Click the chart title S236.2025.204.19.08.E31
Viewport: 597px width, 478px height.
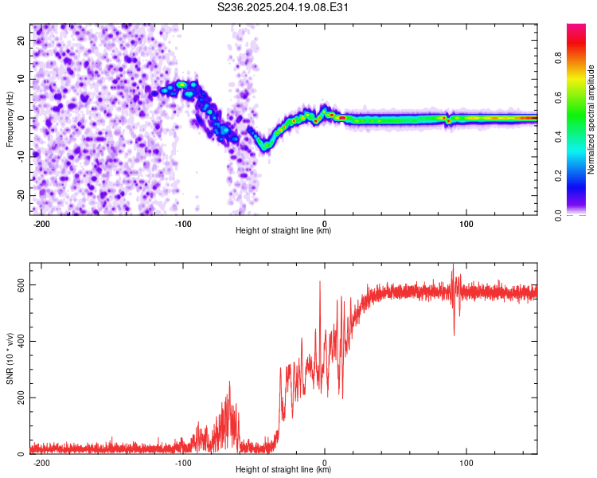pyautogui.click(x=283, y=7)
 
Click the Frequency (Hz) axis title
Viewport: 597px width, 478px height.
pyautogui.click(x=10, y=119)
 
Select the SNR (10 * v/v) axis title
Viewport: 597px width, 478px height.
pyautogui.click(x=10, y=358)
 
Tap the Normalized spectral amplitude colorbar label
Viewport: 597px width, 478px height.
pyautogui.click(x=591, y=119)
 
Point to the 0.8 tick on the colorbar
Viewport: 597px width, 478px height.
pyautogui.click(x=559, y=58)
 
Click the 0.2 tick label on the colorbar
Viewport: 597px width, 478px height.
pyautogui.click(x=559, y=176)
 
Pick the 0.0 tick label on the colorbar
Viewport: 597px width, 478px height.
pyautogui.click(x=559, y=215)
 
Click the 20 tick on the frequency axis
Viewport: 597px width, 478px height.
pyautogui.click(x=21, y=40)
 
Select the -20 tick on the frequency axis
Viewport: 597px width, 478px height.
pyautogui.click(x=21, y=195)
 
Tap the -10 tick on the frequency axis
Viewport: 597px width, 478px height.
pyautogui.click(x=21, y=157)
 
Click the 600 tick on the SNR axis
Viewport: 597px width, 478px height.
pyautogui.click(x=21, y=284)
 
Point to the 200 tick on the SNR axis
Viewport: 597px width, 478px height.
pyautogui.click(x=21, y=398)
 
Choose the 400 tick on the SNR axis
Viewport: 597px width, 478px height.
pyautogui.click(x=21, y=341)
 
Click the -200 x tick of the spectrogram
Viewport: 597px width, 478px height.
pyautogui.click(x=41, y=224)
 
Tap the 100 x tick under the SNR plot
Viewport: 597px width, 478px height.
pyautogui.click(x=466, y=463)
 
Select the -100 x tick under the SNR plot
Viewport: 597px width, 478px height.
pyautogui.click(x=183, y=463)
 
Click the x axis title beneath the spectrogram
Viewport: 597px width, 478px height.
pyautogui.click(x=283, y=230)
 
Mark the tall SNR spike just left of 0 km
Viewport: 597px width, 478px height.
pyautogui.click(x=320, y=282)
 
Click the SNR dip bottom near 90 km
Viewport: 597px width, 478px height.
pyautogui.click(x=455, y=335)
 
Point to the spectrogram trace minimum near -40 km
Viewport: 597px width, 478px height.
pyautogui.click(x=264, y=150)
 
